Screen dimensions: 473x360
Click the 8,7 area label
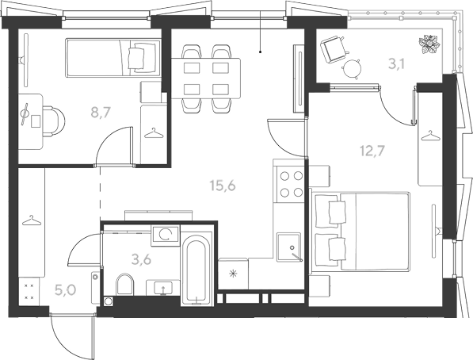[101, 113]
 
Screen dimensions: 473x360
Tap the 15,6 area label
[223, 186]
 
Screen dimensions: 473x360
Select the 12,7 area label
[372, 151]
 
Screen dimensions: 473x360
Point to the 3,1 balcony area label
[396, 64]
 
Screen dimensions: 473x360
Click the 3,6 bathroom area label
[142, 259]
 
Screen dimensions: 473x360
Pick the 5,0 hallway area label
[65, 289]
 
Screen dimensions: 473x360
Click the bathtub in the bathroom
[196, 270]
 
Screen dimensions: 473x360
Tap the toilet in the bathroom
[125, 284]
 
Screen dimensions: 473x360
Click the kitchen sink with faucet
[289, 247]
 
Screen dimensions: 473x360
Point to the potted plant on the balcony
[429, 44]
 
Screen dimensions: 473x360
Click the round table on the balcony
[352, 68]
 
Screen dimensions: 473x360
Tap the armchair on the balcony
[334, 49]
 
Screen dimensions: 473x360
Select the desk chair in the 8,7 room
[53, 121]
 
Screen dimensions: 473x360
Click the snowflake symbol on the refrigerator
[233, 274]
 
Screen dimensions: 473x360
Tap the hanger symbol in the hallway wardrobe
[32, 220]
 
